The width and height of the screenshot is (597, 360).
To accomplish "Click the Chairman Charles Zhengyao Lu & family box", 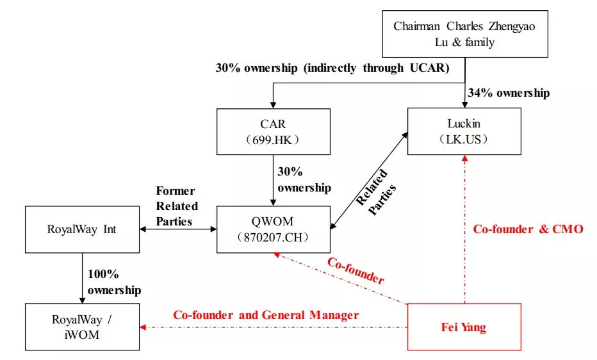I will tap(465, 34).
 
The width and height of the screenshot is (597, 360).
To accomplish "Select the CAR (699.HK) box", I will tap(274, 131).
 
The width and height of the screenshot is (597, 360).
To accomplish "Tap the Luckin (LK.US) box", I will tap(464, 131).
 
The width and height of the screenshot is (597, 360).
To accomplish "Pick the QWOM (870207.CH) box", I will tap(274, 229).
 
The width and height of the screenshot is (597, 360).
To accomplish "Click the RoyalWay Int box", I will tap(82, 229).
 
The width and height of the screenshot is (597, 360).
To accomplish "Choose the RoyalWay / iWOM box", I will tap(82, 327).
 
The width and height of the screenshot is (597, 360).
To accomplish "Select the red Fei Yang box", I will tap(464, 327).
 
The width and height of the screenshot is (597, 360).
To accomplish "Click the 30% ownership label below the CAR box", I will tap(304, 180).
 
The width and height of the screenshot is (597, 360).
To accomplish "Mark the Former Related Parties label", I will tap(176, 206).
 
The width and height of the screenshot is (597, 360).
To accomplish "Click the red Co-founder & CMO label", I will tap(528, 229).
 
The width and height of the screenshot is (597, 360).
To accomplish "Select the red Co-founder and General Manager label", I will tap(266, 315).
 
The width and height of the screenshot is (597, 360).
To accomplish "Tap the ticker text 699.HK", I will tap(274, 139).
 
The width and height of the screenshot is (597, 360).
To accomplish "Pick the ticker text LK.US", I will tap(464, 139).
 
